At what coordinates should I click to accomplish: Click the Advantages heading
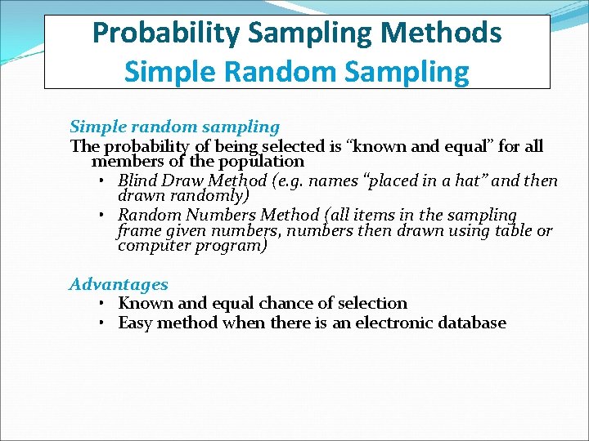119,284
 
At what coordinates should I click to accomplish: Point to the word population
261,162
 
